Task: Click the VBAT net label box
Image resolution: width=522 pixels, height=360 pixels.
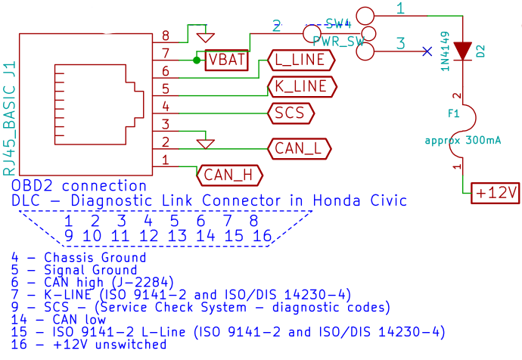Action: coord(226,60)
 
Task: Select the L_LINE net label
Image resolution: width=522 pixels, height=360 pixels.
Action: coord(300,59)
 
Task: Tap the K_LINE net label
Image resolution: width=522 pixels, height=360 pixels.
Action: coord(300,86)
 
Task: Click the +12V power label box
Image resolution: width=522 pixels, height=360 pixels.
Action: coord(496,194)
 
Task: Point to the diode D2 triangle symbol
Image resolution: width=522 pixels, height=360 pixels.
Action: coord(461,51)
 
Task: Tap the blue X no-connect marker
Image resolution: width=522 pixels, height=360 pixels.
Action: coord(428,51)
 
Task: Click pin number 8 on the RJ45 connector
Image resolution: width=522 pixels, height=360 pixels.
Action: coord(165,36)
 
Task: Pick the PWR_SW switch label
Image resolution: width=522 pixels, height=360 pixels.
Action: coord(338,43)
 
